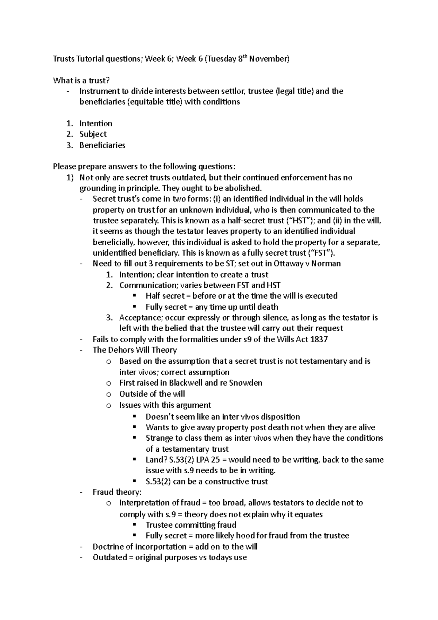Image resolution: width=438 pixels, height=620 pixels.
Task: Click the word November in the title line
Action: click(272, 59)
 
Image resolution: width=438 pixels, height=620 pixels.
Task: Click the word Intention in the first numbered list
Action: click(96, 123)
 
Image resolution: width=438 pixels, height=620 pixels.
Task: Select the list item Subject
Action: click(93, 134)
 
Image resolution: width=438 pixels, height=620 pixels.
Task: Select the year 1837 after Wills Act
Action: click(319, 339)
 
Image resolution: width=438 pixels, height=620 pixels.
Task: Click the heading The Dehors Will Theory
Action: click(135, 350)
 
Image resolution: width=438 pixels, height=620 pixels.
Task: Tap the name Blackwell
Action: click(186, 383)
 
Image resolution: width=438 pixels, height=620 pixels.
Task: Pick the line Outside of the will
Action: click(152, 394)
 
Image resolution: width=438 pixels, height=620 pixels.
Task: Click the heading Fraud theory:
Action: click(117, 492)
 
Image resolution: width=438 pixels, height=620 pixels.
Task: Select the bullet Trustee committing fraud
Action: click(191, 525)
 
